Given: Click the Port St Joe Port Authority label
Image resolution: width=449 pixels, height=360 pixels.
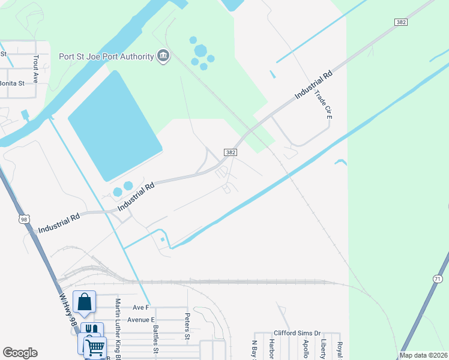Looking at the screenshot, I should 106,57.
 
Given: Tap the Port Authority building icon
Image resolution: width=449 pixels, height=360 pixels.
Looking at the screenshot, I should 163,57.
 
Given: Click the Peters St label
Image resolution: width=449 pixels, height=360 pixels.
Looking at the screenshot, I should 187,326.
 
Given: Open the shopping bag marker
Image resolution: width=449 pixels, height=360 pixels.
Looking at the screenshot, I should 85,302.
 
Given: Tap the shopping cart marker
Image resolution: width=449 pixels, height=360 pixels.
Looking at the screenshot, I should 94,347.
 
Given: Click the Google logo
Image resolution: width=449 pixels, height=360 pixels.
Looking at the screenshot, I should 20,353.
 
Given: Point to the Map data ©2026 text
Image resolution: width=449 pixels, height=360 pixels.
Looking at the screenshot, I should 424,355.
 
